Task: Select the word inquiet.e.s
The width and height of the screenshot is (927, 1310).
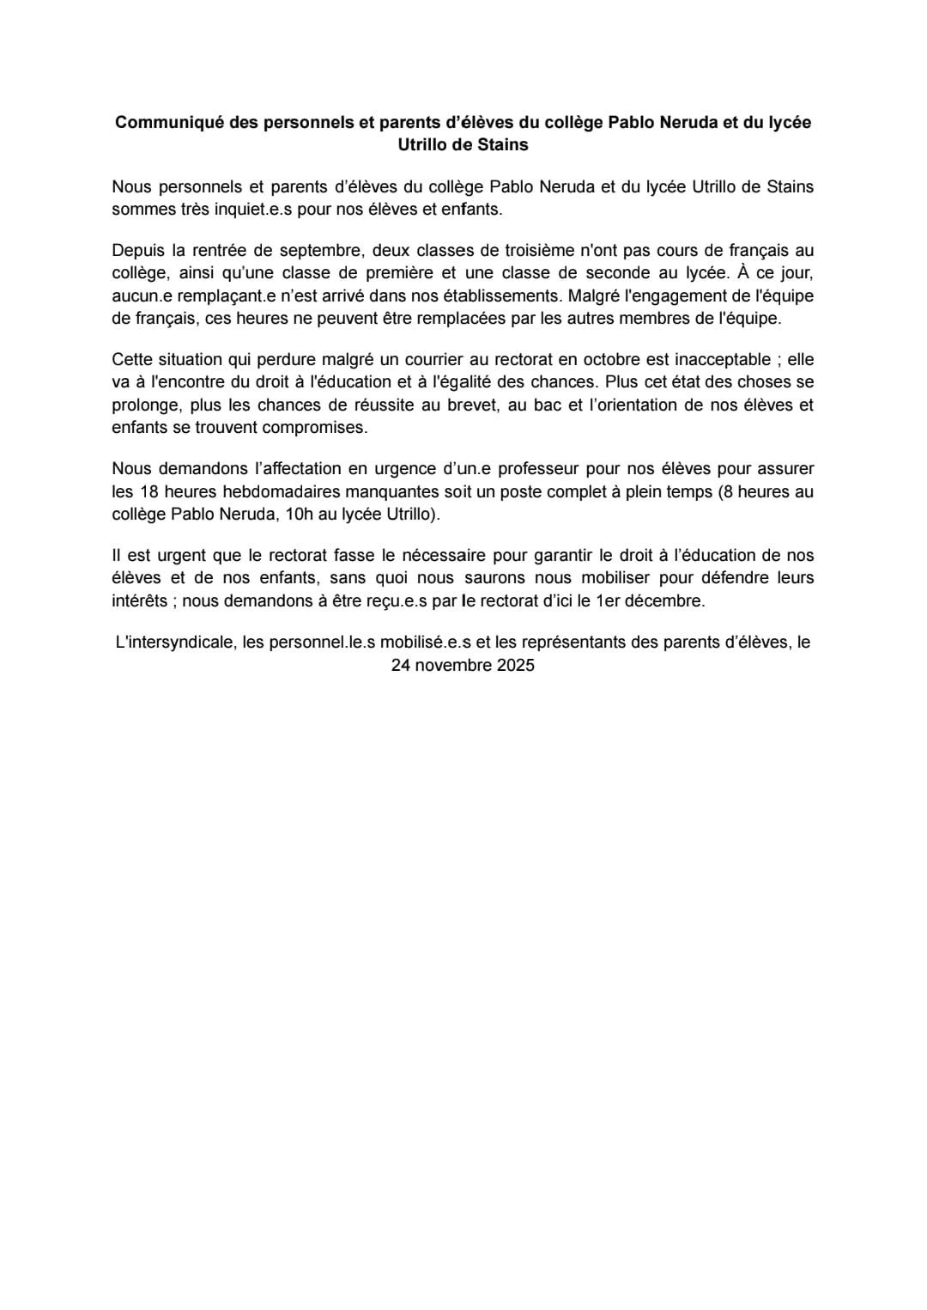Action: click(252, 209)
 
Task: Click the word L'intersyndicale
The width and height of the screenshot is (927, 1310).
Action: click(175, 642)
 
